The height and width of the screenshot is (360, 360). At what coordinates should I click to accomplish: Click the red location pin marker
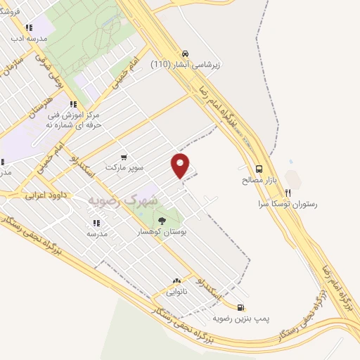(x=181, y=165)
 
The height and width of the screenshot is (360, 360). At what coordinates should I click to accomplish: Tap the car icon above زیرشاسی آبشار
(x=184, y=53)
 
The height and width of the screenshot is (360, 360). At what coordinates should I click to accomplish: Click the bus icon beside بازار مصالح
(x=259, y=169)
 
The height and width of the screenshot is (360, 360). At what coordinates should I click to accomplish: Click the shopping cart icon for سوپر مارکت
(x=124, y=157)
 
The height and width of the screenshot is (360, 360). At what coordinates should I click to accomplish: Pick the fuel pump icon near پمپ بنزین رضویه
(x=241, y=307)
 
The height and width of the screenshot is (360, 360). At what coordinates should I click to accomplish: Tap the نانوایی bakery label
(x=176, y=290)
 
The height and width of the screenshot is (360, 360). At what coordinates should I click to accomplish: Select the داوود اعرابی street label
(x=45, y=194)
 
